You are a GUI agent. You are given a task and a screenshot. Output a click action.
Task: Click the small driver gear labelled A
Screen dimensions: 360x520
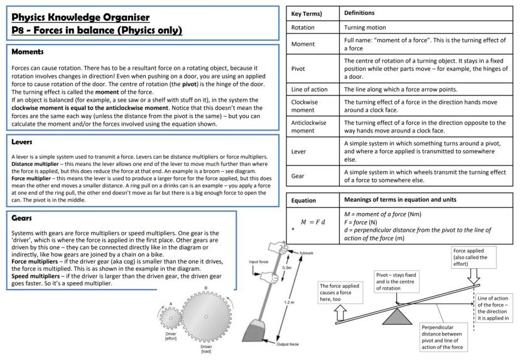click(x=169, y=319)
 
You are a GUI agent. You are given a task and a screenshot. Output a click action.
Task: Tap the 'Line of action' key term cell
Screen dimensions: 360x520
click(x=310, y=90)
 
